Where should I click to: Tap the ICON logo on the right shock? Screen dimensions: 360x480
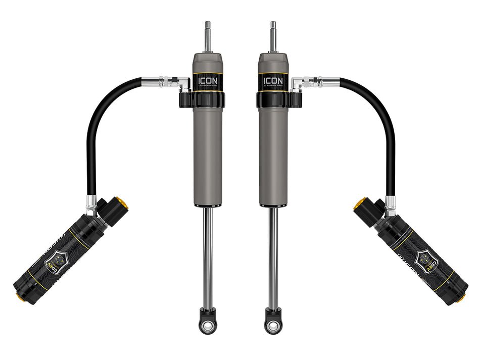click(273, 81)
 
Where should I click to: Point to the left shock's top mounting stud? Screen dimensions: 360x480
click(208, 35)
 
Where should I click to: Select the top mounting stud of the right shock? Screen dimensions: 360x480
click(273, 35)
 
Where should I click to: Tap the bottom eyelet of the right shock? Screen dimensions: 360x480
click(273, 326)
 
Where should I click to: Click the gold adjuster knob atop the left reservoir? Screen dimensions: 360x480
click(121, 203)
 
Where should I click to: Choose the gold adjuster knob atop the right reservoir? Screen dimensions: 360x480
click(359, 203)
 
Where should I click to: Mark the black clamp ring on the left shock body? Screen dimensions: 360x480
click(202, 99)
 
